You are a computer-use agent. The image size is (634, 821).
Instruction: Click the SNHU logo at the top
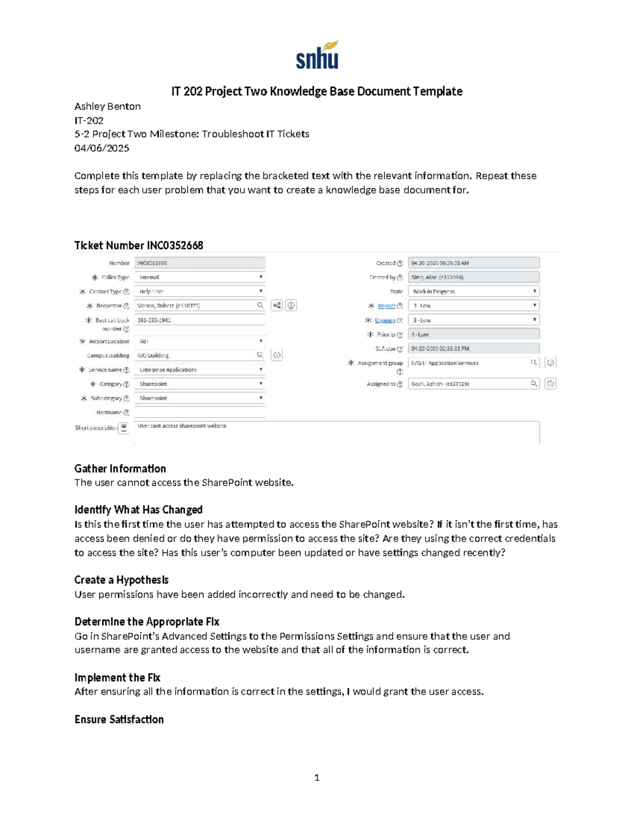pyautogui.click(x=316, y=55)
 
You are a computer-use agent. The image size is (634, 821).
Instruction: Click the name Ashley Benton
pyautogui.click(x=107, y=106)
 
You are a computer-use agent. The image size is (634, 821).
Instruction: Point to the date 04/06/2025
pyautogui.click(x=101, y=148)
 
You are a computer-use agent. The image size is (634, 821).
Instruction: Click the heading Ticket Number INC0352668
pyautogui.click(x=138, y=245)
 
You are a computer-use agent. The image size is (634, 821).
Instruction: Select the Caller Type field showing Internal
pyautogui.click(x=199, y=277)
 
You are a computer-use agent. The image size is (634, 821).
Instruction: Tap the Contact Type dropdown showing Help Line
pyautogui.click(x=199, y=291)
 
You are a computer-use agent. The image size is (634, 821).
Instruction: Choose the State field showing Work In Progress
pyautogui.click(x=473, y=291)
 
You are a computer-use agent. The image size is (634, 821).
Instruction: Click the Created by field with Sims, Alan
pyautogui.click(x=473, y=277)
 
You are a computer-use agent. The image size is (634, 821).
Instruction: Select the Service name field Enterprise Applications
pyautogui.click(x=199, y=370)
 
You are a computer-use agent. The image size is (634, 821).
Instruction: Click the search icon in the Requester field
pyautogui.click(x=260, y=305)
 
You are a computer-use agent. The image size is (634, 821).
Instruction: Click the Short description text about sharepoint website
pyautogui.click(x=182, y=426)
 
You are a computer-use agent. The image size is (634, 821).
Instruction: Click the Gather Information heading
pyautogui.click(x=120, y=468)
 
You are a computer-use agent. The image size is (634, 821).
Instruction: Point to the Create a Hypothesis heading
pyautogui.click(x=121, y=580)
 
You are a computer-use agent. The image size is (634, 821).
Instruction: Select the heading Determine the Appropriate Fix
pyautogui.click(x=146, y=622)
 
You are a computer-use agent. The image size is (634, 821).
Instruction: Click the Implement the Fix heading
pyautogui.click(x=117, y=678)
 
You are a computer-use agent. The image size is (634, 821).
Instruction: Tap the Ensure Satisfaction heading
pyautogui.click(x=119, y=719)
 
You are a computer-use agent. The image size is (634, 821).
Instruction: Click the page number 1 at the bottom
pyautogui.click(x=316, y=777)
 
